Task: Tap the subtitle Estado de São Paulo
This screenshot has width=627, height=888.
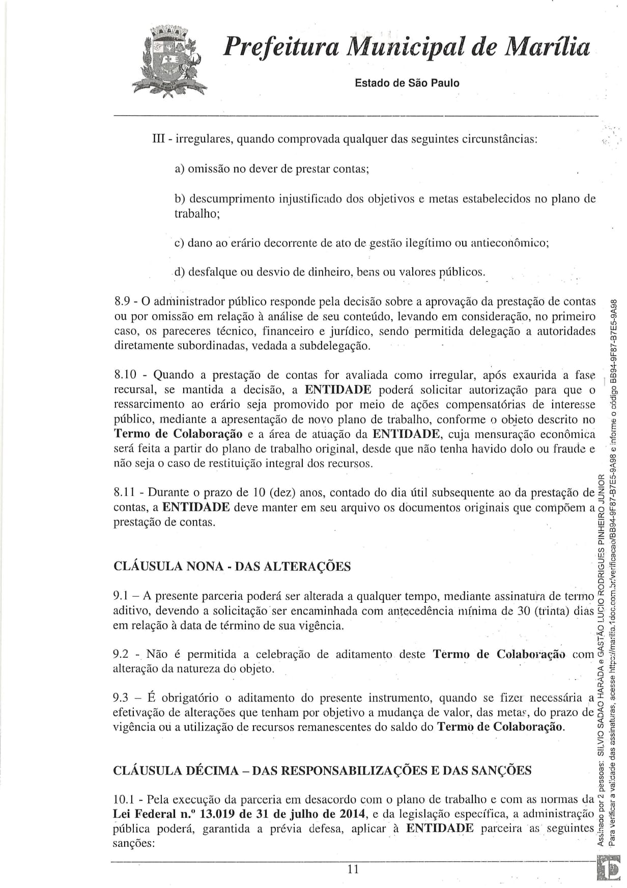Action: [x=407, y=83]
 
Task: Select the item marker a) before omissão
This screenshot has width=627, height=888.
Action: [x=180, y=169]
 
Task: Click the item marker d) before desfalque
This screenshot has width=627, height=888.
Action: [x=180, y=272]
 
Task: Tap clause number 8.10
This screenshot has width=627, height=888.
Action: [x=125, y=375]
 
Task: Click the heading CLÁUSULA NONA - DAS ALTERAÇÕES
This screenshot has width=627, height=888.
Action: [x=232, y=567]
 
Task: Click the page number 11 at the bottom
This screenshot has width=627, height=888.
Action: [x=353, y=870]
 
